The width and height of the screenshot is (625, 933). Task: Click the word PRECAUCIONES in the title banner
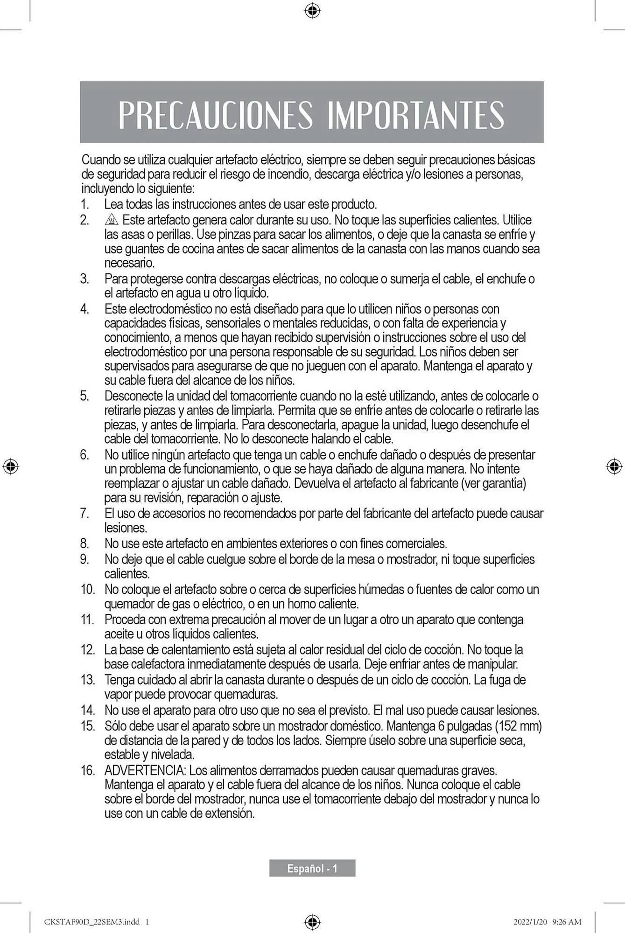pos(215,114)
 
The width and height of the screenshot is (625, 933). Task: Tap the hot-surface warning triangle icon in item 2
pos(112,220)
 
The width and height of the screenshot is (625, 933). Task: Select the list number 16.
pos(87,770)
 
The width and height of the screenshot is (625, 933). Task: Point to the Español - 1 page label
pos(312,868)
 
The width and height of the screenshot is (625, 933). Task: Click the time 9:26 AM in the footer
pos(567,921)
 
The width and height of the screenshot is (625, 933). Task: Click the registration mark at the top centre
pos(312,10)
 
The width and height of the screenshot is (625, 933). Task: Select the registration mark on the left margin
pos(10,466)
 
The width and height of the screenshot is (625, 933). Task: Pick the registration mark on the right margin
pos(614,466)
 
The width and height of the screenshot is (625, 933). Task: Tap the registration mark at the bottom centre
pos(312,921)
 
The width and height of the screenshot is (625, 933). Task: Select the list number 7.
pos(84,514)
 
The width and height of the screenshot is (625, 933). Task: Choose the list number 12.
pos(87,649)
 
